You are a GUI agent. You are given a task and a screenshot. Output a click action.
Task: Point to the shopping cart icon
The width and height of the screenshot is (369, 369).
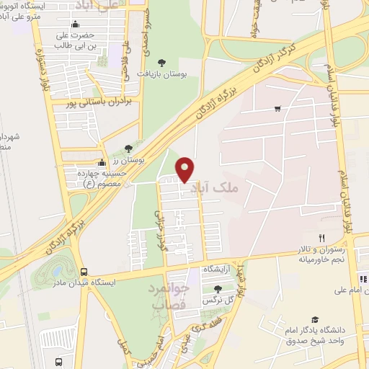[277, 109]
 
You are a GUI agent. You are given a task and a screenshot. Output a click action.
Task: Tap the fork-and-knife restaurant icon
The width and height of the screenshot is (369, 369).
[322, 238]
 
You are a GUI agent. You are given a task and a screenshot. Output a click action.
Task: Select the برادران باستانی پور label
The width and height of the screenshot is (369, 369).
[104, 104]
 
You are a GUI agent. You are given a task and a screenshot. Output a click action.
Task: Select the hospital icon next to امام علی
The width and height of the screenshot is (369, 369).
[363, 278]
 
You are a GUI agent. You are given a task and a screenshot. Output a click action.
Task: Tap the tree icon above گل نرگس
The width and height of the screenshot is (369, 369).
[218, 288]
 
